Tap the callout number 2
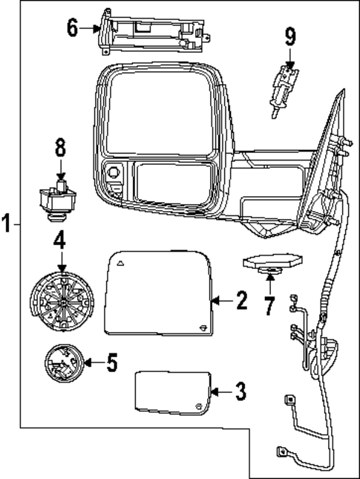[x=240, y=301]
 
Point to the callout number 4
[x=60, y=241]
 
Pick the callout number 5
[x=111, y=363]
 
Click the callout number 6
[x=71, y=28]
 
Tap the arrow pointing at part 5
[x=91, y=363]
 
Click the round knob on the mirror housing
[x=115, y=172]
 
